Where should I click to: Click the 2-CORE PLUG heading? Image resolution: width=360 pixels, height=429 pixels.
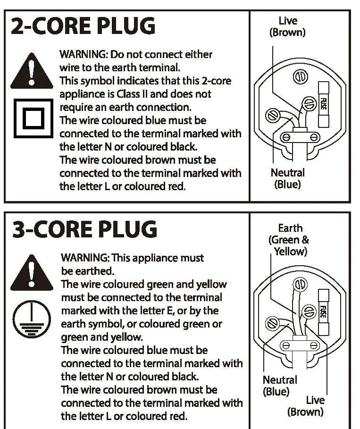(83, 26)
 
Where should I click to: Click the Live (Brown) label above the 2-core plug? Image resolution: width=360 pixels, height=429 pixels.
(287, 26)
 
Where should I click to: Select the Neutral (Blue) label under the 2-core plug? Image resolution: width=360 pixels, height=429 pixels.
(287, 178)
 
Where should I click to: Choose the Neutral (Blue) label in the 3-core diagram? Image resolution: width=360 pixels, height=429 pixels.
(279, 386)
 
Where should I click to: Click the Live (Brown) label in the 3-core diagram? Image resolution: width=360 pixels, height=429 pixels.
(306, 406)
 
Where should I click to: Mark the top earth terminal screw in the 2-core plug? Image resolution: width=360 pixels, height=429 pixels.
(299, 76)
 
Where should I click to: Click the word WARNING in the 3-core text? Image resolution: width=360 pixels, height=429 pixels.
(83, 258)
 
